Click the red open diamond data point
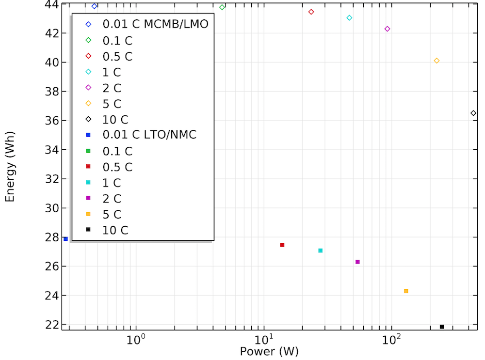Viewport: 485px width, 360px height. pyautogui.click(x=311, y=12)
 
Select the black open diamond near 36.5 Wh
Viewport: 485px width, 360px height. pyautogui.click(x=473, y=113)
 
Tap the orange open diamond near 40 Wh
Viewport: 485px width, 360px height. pyautogui.click(x=436, y=61)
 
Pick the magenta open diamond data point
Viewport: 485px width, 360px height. pyautogui.click(x=387, y=29)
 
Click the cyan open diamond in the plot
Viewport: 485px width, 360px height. pyautogui.click(x=349, y=18)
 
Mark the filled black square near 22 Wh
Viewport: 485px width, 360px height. pyautogui.click(x=442, y=327)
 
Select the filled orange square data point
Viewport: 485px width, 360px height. pyautogui.click(x=406, y=291)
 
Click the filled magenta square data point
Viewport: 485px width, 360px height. pyautogui.click(x=357, y=262)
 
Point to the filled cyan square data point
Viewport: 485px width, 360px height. pyautogui.click(x=321, y=250)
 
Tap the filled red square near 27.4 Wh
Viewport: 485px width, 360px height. pyautogui.click(x=282, y=245)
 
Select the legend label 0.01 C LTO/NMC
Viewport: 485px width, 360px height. pyautogui.click(x=149, y=135)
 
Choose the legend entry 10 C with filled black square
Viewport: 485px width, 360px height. pyautogui.click(x=115, y=231)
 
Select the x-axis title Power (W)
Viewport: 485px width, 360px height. pyautogui.click(x=269, y=352)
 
